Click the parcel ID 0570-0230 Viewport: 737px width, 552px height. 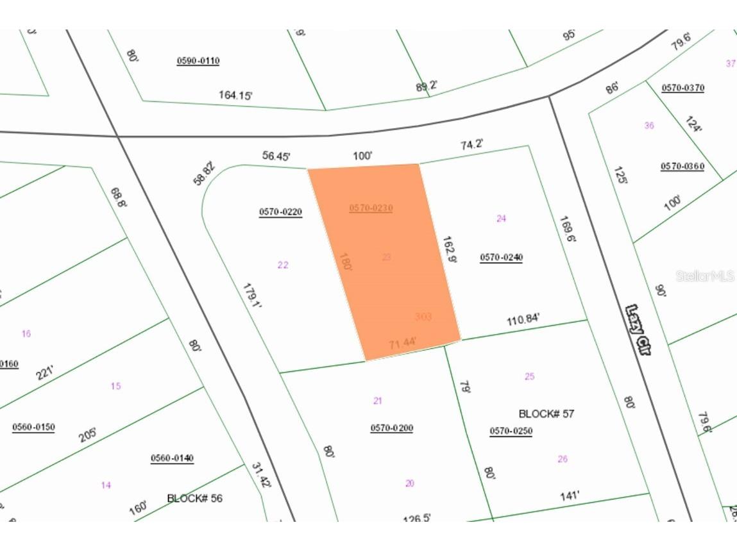(x=371, y=208)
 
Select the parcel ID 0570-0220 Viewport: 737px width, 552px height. (x=280, y=212)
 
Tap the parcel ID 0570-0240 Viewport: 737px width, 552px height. (x=501, y=258)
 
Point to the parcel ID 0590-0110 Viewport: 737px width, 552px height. (x=198, y=61)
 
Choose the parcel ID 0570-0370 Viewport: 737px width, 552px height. (x=682, y=88)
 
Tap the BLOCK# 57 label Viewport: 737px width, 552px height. (x=546, y=414)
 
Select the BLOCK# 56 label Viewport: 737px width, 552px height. (x=194, y=498)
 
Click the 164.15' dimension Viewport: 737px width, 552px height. (x=235, y=96)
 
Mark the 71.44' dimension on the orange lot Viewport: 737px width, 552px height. (x=403, y=344)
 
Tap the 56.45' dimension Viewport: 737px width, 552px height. (x=276, y=155)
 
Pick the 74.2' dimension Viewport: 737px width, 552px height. (x=471, y=145)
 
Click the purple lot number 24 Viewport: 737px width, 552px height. (x=501, y=219)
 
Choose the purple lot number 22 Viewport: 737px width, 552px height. (x=283, y=265)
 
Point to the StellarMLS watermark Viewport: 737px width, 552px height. (x=704, y=276)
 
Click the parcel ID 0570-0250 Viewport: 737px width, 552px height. (x=511, y=431)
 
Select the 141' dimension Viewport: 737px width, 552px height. (x=570, y=495)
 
